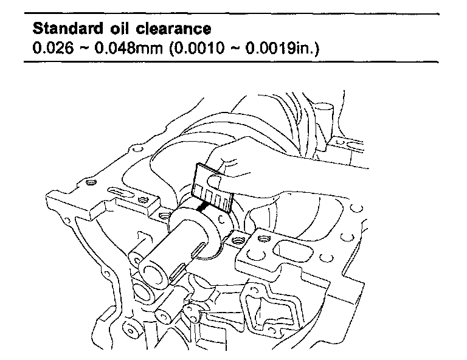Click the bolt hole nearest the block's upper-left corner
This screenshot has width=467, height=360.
(91, 182)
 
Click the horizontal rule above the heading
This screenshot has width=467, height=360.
(233, 13)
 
